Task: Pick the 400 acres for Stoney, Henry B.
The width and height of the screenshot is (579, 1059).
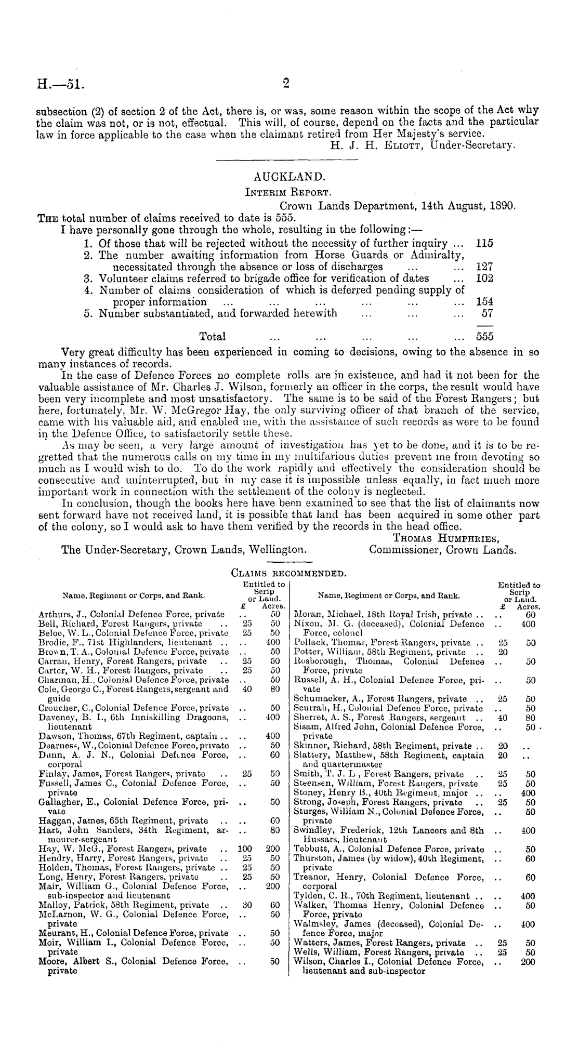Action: (x=528, y=793)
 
